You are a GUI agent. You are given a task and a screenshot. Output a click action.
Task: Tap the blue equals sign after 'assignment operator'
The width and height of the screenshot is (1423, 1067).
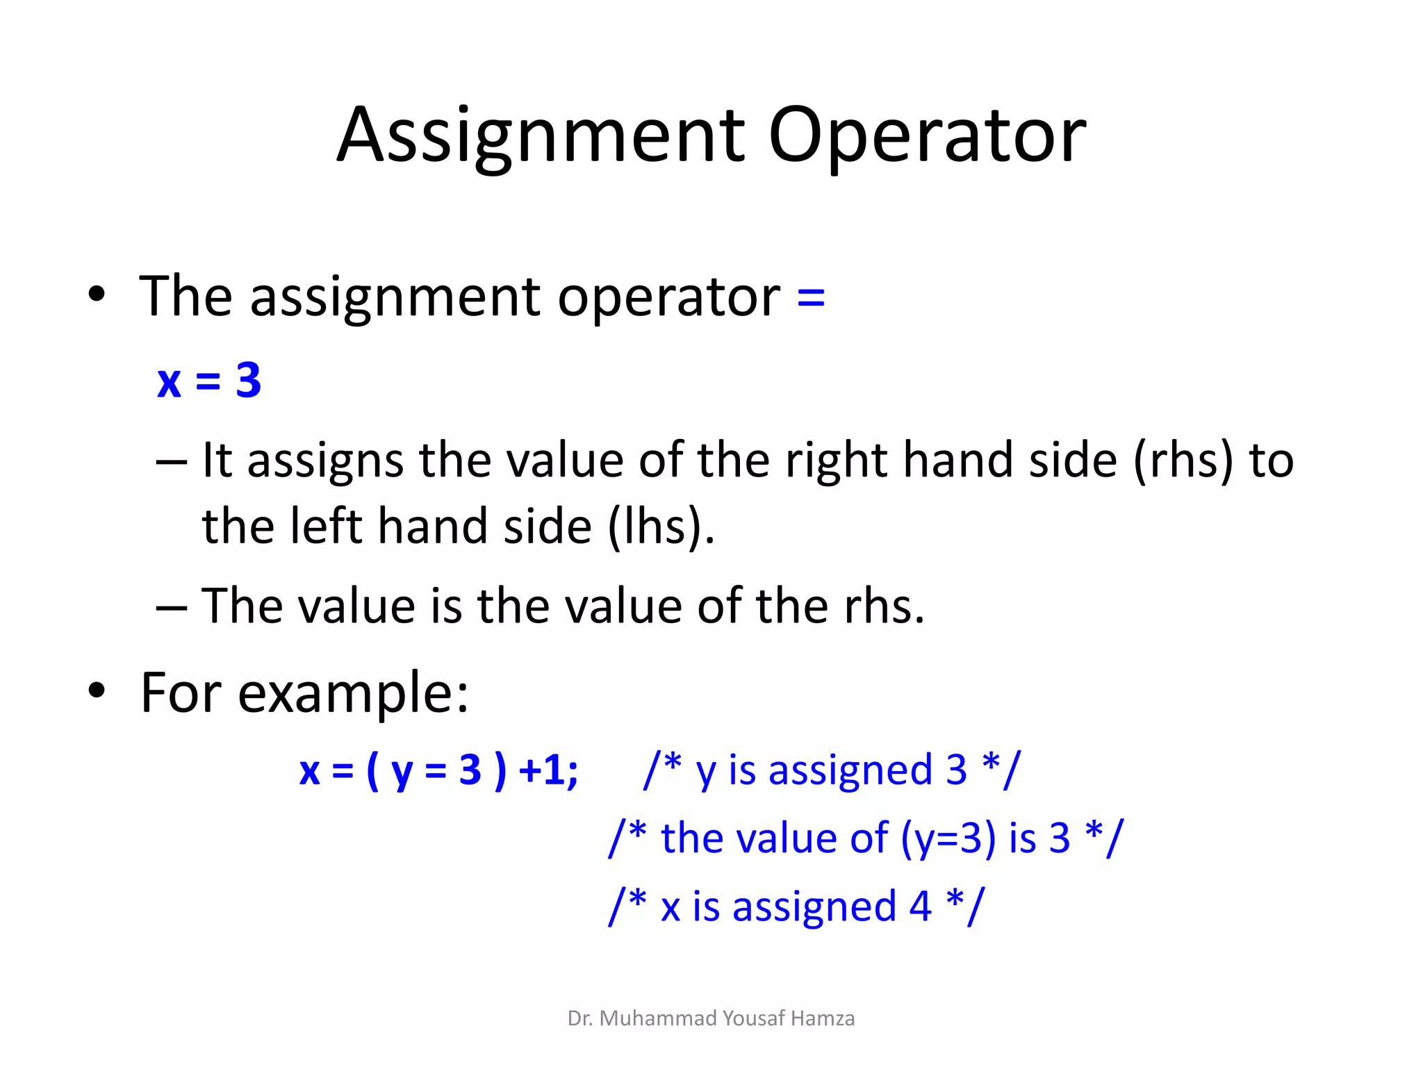(x=811, y=299)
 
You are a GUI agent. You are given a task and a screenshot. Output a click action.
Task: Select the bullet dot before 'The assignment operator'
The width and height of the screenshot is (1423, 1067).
(x=97, y=295)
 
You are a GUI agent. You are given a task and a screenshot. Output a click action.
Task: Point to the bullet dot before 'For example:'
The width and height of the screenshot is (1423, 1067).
(x=97, y=690)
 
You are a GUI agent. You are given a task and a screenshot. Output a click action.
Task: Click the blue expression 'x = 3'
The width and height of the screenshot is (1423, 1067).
(x=209, y=381)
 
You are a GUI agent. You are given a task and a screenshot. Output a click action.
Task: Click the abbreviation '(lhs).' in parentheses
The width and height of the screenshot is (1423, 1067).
(x=661, y=526)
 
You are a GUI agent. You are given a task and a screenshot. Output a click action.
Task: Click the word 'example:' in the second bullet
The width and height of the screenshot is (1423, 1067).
(x=353, y=693)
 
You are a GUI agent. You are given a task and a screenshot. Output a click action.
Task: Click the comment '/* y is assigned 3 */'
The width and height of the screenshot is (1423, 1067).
(x=832, y=770)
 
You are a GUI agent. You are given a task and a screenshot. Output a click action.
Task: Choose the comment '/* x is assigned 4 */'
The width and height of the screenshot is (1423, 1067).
(x=796, y=907)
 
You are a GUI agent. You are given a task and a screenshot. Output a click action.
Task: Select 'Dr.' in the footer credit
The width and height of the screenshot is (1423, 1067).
(x=580, y=1018)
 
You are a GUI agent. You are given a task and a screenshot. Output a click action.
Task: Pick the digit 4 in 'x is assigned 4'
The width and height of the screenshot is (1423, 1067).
(x=920, y=907)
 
